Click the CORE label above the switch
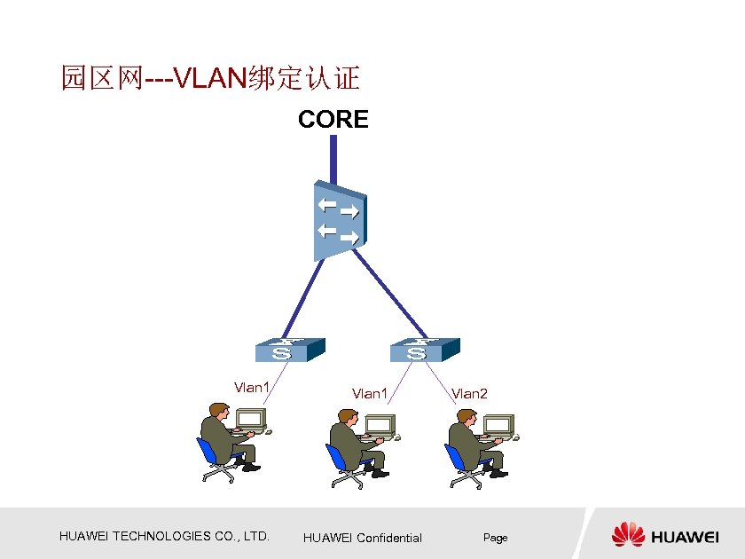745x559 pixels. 333,120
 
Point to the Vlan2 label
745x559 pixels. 470,393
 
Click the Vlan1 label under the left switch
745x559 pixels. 251,387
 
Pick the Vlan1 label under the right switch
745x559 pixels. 370,393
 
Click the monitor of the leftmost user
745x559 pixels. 251,418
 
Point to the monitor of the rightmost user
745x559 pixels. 498,423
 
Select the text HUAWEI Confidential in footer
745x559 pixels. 362,538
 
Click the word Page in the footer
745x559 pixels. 495,538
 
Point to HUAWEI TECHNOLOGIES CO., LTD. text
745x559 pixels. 164,536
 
